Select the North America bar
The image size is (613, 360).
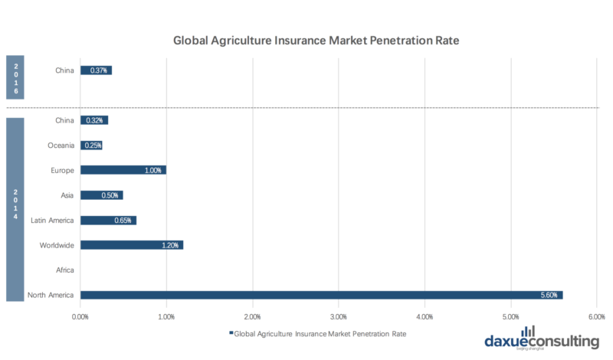(321, 295)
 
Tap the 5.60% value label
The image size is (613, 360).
(549, 295)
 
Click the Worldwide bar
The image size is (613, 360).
(132, 245)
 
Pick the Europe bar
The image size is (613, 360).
(123, 170)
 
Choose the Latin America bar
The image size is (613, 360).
(108, 221)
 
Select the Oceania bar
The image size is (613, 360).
(91, 146)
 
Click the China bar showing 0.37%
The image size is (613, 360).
(96, 70)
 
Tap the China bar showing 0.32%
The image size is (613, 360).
(94, 120)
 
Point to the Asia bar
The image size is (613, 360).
(101, 195)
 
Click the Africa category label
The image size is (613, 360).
(64, 270)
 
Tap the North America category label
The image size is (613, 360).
(50, 295)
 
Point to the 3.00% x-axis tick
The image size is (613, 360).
(339, 316)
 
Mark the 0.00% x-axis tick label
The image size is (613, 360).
(80, 316)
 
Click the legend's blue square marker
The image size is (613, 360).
(230, 334)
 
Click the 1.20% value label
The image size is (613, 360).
(170, 245)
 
